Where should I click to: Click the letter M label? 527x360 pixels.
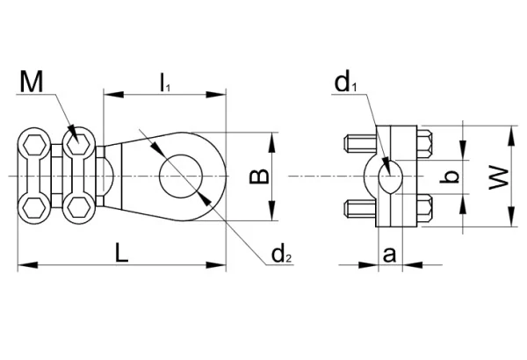pyautogui.click(x=32, y=83)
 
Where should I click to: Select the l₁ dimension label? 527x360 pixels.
pyautogui.click(x=164, y=82)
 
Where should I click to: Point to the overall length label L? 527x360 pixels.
pyautogui.click(x=123, y=254)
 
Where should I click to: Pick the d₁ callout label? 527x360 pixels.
pyautogui.click(x=343, y=83)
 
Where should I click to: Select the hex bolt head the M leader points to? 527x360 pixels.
pyautogui.click(x=78, y=143)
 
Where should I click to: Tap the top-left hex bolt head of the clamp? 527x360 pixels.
pyautogui.click(x=35, y=143)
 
